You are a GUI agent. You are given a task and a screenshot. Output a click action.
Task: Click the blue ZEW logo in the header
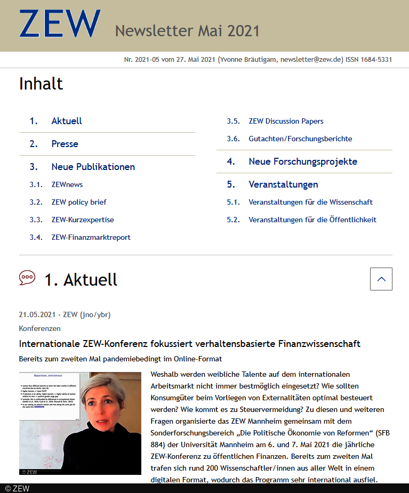pos(60,24)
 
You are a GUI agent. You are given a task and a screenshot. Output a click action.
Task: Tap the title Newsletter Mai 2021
pos(187,31)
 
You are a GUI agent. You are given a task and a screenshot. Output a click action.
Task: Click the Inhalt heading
pos(41,84)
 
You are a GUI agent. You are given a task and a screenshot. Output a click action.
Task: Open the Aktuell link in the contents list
pos(67,121)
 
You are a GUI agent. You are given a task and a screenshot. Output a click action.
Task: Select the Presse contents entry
pos(65,144)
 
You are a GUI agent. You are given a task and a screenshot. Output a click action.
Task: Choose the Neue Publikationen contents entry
pos(93,167)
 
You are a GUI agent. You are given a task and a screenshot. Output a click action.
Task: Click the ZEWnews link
pos(67,184)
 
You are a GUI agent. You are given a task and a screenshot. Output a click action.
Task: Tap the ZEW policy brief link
pos(79,202)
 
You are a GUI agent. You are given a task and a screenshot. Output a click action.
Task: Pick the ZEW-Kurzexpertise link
pos(83,220)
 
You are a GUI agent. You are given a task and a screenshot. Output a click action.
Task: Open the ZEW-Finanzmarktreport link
pos(91,237)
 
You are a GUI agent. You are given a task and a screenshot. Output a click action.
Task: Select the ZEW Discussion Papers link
pos(286,121)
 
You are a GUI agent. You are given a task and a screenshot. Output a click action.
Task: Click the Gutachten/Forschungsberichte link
pos(300,139)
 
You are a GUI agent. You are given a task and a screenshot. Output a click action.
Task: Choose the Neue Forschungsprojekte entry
pos(303,161)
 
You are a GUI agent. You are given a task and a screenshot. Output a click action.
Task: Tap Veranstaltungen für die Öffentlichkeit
pos(312,220)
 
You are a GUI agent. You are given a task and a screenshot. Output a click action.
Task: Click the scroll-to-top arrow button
pos(381,279)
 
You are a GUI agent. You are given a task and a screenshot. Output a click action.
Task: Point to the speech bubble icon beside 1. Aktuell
pos(27,278)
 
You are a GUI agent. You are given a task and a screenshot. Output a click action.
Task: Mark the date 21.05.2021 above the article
pos(36,314)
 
